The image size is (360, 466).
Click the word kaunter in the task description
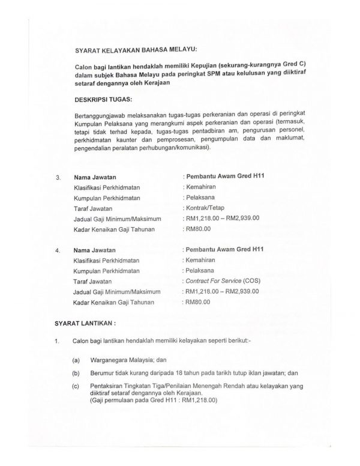click(x=126, y=139)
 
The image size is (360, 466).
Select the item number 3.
click(x=58, y=178)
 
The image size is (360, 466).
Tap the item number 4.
click(x=58, y=249)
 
